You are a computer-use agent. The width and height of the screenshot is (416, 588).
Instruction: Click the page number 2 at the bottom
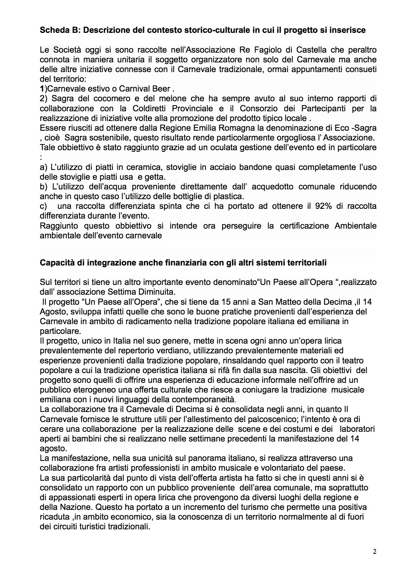[375, 551]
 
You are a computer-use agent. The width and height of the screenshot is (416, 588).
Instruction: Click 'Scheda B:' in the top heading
[60, 30]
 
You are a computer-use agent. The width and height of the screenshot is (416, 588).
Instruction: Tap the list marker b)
[44, 187]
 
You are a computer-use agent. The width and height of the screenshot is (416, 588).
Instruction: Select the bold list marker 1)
[44, 89]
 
